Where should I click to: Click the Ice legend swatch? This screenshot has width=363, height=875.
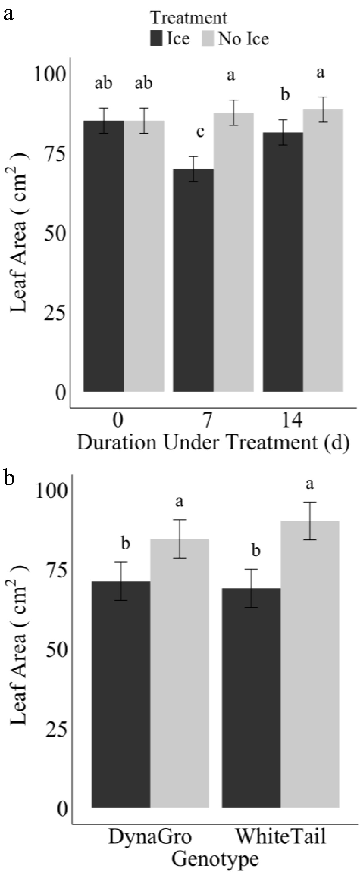pyautogui.click(x=156, y=38)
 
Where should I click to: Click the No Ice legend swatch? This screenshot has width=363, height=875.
pyautogui.click(x=208, y=38)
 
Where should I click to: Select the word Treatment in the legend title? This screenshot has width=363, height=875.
pyautogui.click(x=189, y=17)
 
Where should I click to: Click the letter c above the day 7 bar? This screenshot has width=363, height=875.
pyautogui.click(x=200, y=132)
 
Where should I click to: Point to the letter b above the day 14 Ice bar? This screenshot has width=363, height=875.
pyautogui.click(x=285, y=94)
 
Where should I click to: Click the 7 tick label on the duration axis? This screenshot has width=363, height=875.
pyautogui.click(x=207, y=420)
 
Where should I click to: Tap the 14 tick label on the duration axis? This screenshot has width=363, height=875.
pyautogui.click(x=292, y=420)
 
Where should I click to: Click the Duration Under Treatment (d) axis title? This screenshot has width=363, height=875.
pyautogui.click(x=213, y=443)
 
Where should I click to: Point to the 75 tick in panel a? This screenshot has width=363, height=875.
pyautogui.click(x=55, y=155)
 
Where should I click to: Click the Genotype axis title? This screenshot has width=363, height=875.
pyautogui.click(x=215, y=859)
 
